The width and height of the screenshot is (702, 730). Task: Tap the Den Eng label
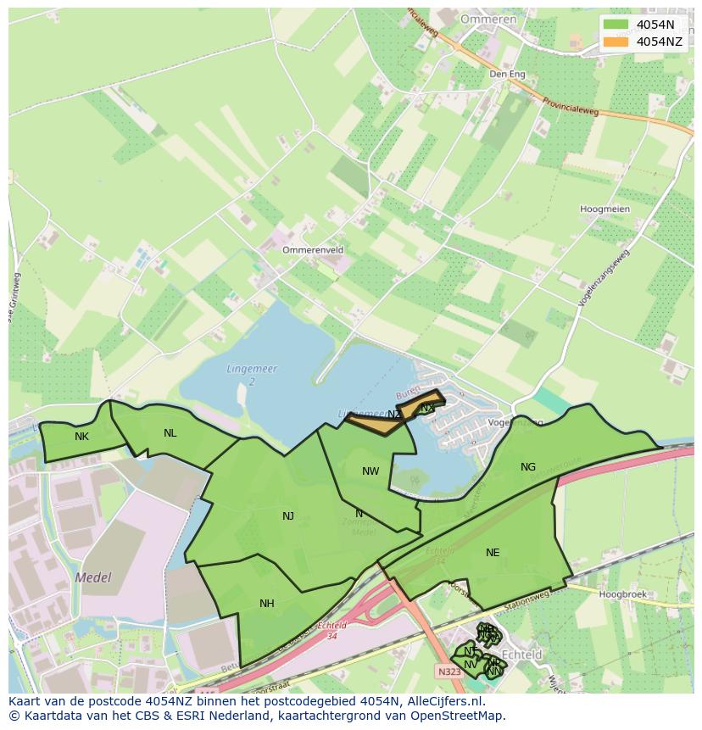point(507,75)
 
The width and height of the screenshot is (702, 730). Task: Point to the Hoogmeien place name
point(604,209)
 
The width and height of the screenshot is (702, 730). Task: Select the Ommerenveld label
point(313,250)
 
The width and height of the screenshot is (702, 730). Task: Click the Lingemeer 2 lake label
point(252,376)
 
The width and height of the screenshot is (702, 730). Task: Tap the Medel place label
point(93,577)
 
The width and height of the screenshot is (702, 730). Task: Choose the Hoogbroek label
point(622,594)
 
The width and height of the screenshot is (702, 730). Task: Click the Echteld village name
point(521,655)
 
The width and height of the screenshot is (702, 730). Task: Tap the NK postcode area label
point(81,437)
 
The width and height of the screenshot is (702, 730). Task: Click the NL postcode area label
point(170,433)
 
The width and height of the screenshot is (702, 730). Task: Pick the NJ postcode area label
point(288,515)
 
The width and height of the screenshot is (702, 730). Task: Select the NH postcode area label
point(267,604)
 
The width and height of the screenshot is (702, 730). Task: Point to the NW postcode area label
point(370,471)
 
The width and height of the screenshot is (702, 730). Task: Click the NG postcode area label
point(528,467)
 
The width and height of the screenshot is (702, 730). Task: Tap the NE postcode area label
point(493,553)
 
